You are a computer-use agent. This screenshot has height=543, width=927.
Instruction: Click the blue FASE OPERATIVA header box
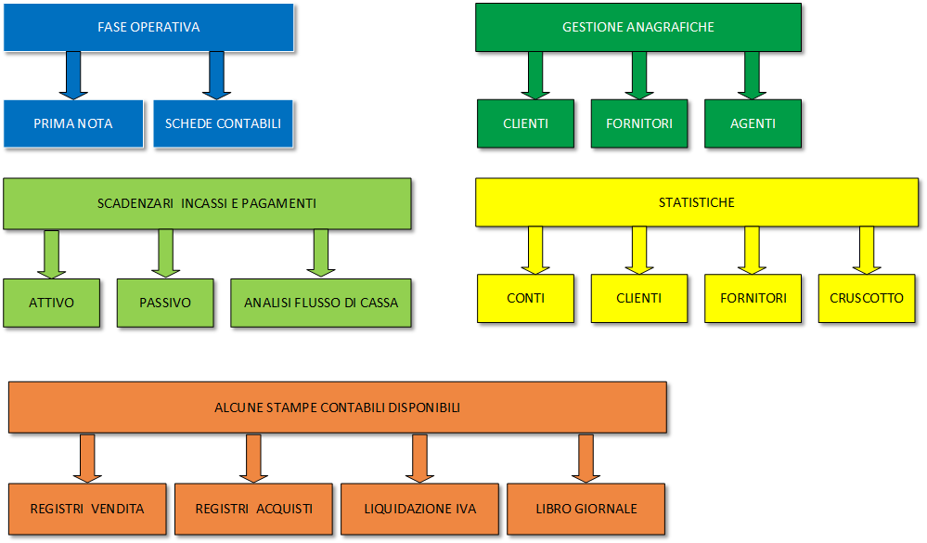[148, 27]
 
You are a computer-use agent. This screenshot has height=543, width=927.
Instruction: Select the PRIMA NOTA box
[73, 123]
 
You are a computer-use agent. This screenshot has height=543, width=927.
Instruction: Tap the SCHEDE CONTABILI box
[223, 123]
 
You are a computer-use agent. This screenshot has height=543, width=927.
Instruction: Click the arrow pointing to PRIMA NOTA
[73, 74]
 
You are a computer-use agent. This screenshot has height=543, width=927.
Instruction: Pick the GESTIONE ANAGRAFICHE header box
[637, 27]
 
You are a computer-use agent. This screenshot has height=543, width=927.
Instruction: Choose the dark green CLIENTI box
[525, 123]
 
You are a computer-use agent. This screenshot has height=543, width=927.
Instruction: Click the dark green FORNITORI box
[638, 123]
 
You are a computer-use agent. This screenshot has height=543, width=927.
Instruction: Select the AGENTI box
[752, 123]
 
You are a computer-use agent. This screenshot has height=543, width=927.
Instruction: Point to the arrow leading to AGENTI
[752, 74]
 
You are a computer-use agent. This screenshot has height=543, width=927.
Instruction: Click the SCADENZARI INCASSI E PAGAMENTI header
[207, 203]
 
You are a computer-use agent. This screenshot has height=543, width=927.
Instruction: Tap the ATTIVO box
[51, 303]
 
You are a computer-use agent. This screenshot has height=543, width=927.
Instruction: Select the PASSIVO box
[164, 303]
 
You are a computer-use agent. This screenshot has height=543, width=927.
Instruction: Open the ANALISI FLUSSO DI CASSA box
[320, 303]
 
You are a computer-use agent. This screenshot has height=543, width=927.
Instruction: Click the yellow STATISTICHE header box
[696, 202]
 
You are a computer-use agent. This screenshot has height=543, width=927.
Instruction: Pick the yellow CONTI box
[525, 298]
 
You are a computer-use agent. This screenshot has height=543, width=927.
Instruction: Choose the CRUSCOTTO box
[866, 298]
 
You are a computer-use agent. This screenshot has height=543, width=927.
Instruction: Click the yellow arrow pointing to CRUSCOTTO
[866, 250]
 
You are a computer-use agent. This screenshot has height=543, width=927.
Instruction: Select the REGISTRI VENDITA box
[87, 509]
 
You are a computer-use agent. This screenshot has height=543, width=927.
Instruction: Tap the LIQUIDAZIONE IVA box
[419, 509]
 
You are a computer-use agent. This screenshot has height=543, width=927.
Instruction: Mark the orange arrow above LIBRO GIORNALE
[585, 458]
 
